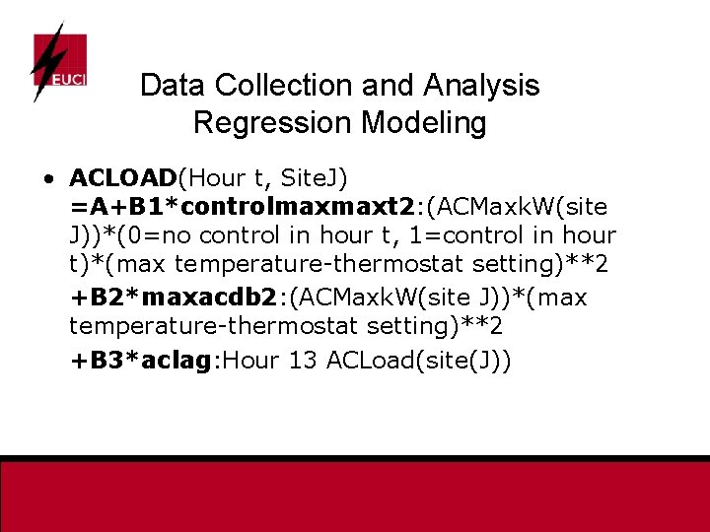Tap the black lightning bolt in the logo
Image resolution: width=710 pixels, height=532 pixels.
tap(44, 59)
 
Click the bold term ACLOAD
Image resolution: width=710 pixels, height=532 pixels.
tap(121, 178)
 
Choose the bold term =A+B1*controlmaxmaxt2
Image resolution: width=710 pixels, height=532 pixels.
tap(243, 207)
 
